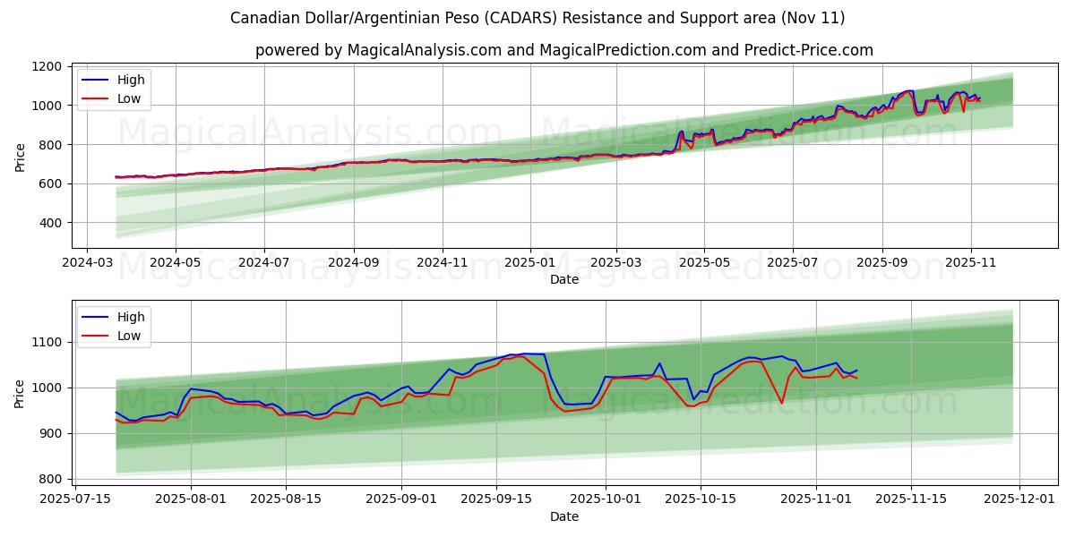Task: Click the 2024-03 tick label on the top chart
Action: [86, 264]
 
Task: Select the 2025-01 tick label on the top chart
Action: [529, 264]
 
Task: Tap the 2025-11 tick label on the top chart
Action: [970, 264]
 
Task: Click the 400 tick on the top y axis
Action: [49, 223]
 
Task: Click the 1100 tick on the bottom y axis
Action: [46, 342]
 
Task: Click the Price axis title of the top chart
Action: [20, 158]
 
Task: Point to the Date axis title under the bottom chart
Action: [564, 516]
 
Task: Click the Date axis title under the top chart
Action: [564, 279]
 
